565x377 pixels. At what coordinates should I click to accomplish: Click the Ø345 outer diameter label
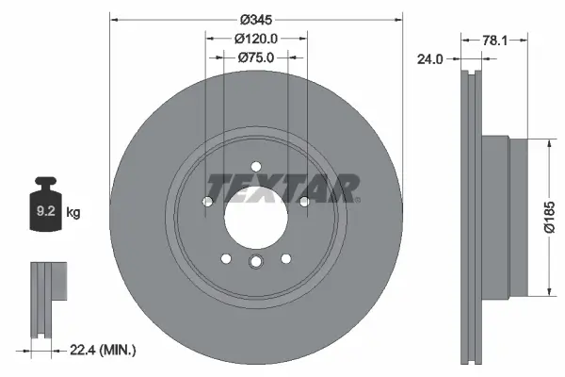click(x=256, y=19)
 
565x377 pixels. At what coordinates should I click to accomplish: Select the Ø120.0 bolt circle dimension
click(x=256, y=39)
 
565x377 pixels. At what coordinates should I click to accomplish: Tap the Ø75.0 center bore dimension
click(x=256, y=58)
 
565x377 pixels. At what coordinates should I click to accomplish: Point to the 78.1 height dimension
click(x=496, y=40)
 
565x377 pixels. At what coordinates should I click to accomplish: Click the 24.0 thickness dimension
click(x=429, y=58)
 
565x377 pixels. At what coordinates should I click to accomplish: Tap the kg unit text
click(x=73, y=213)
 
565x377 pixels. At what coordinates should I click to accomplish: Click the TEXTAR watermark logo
click(x=282, y=188)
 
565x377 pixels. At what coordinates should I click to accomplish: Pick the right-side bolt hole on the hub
click(x=303, y=201)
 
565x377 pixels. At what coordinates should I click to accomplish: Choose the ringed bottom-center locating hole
click(x=256, y=264)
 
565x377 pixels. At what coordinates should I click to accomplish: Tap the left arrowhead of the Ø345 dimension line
click(x=114, y=18)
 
